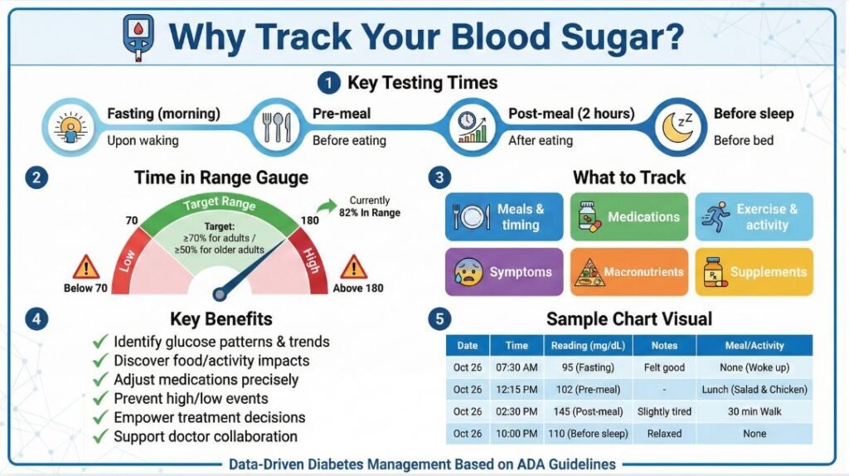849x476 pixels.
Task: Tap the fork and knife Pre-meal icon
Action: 274,126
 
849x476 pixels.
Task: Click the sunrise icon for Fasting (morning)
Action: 70,126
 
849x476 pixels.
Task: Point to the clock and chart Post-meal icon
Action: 473,126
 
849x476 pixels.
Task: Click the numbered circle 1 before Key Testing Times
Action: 328,83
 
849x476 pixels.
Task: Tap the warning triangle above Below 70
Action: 85,267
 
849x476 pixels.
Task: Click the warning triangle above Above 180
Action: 353,267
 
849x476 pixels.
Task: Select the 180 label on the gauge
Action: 310,221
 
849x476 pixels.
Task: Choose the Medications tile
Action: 629,217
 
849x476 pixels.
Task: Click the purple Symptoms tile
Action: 504,272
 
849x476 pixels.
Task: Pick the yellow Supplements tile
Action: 754,272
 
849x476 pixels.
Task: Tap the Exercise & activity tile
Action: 754,217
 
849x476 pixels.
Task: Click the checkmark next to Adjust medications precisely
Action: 100,380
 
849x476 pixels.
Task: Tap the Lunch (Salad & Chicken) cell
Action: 754,389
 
